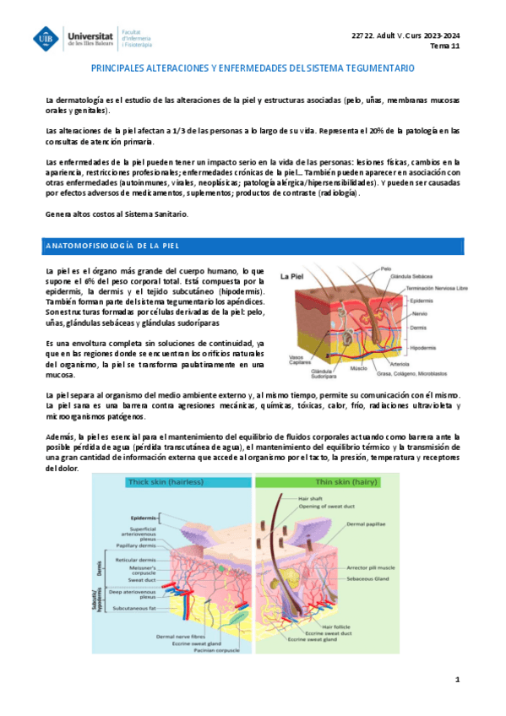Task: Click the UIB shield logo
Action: pyautogui.click(x=44, y=38)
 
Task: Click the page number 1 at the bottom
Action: pyautogui.click(x=457, y=679)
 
